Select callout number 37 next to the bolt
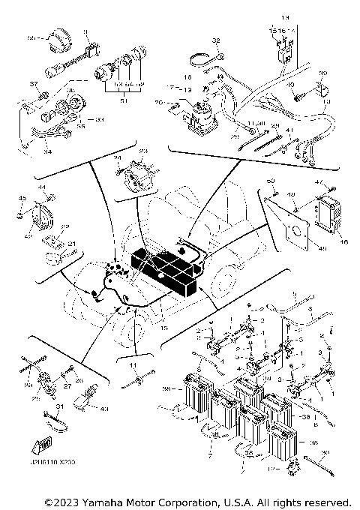point(33,82)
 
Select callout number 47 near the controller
point(340,182)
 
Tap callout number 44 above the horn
point(42,187)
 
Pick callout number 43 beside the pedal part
point(103,408)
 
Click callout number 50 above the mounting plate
point(271,181)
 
